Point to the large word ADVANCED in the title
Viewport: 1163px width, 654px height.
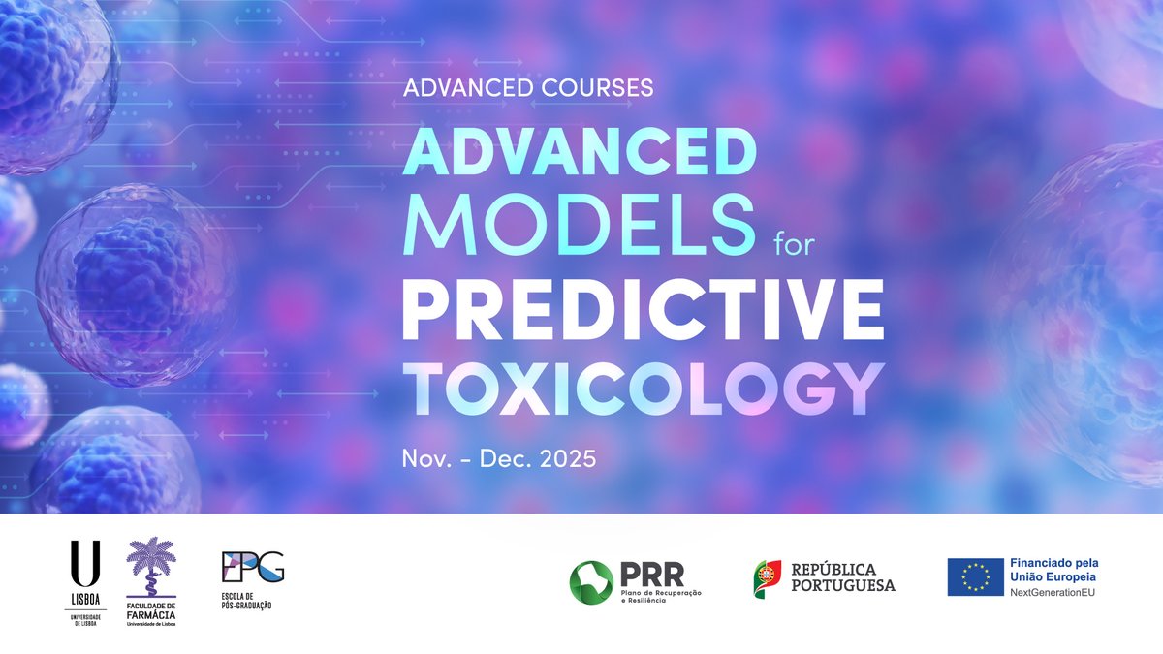tap(579, 153)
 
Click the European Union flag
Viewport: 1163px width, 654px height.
tap(975, 577)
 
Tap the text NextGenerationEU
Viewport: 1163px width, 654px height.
tap(1053, 592)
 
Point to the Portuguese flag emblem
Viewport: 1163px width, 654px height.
tap(768, 577)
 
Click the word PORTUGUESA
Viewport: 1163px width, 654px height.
tap(843, 585)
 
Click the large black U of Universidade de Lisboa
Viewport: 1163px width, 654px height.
tap(84, 563)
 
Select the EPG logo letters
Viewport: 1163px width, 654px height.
tap(253, 566)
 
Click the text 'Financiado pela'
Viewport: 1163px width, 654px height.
tap(1054, 563)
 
